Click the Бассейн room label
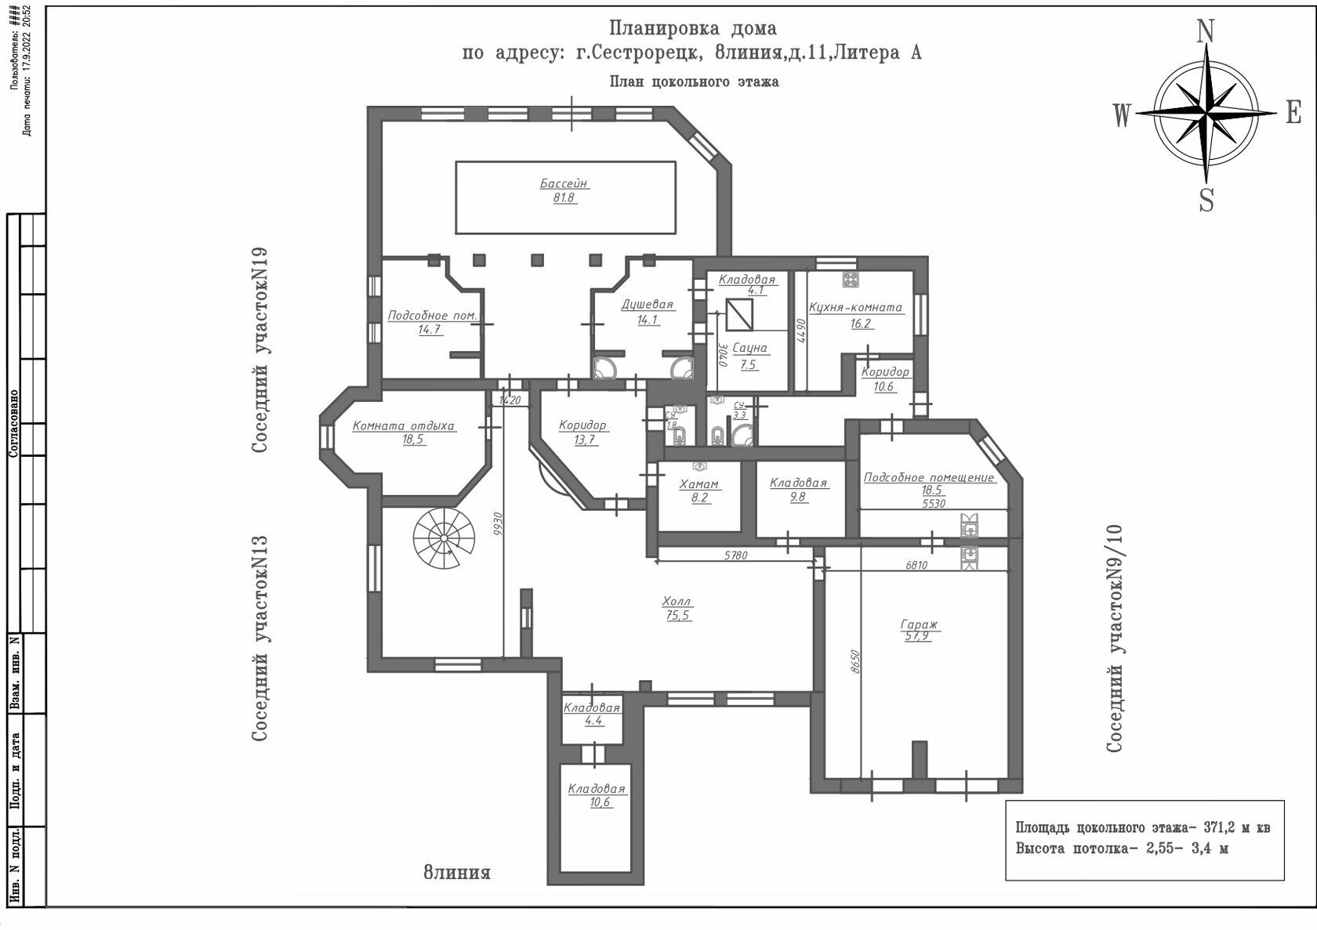click(564, 183)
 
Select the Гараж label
click(920, 624)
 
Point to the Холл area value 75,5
click(677, 616)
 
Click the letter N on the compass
click(1206, 31)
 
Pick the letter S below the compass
click(1206, 201)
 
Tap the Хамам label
click(699, 484)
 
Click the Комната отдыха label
click(404, 426)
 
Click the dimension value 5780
click(735, 555)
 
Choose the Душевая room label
click(648, 305)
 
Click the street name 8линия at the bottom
click(457, 872)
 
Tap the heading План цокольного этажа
click(694, 81)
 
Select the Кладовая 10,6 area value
click(600, 802)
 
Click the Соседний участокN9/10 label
click(1115, 639)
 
